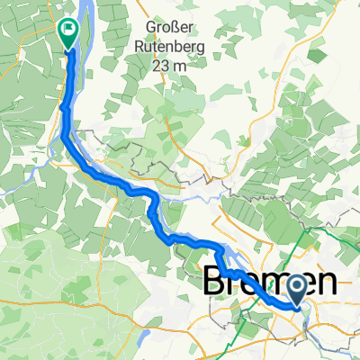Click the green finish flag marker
(x=68, y=33)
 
